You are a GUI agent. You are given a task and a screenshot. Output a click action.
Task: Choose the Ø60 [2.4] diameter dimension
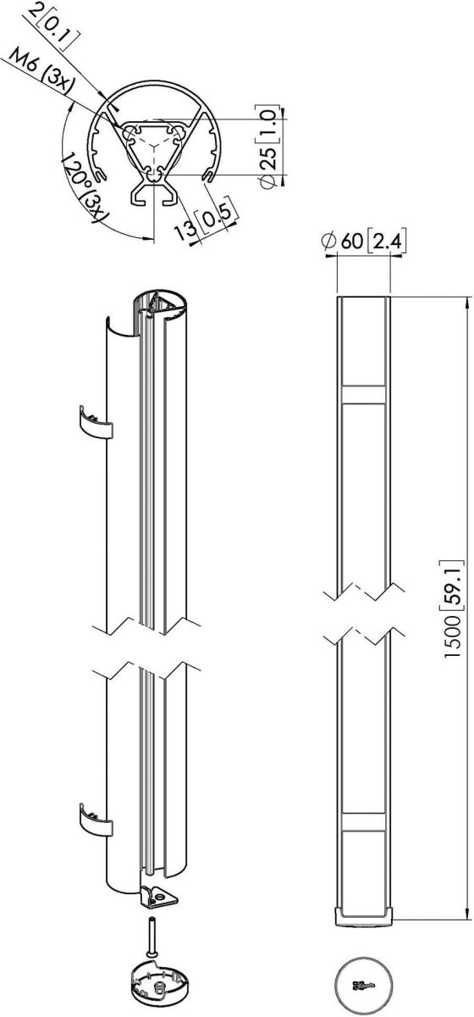point(363,241)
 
